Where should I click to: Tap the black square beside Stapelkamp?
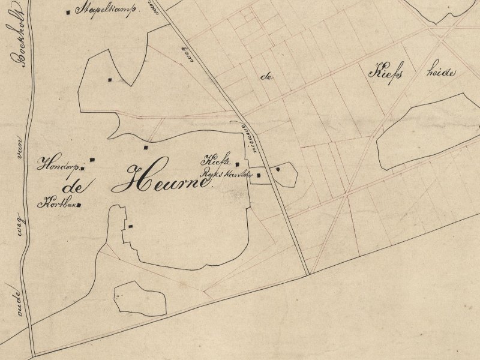69,11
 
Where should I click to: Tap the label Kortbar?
58,204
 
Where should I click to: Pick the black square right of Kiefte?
238,164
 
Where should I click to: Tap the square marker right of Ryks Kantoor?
259,176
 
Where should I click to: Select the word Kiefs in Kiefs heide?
385,73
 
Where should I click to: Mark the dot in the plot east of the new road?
278,170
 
